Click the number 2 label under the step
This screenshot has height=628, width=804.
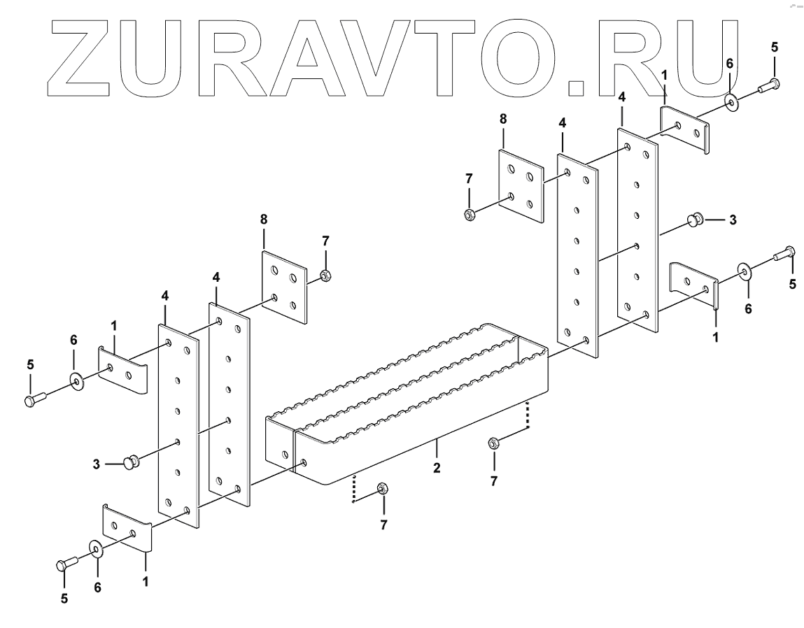[x=437, y=468]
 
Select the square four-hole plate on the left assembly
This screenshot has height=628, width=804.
[x=284, y=287]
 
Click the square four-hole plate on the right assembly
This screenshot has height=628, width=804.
[x=521, y=186]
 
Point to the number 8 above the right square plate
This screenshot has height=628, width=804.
[x=502, y=120]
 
